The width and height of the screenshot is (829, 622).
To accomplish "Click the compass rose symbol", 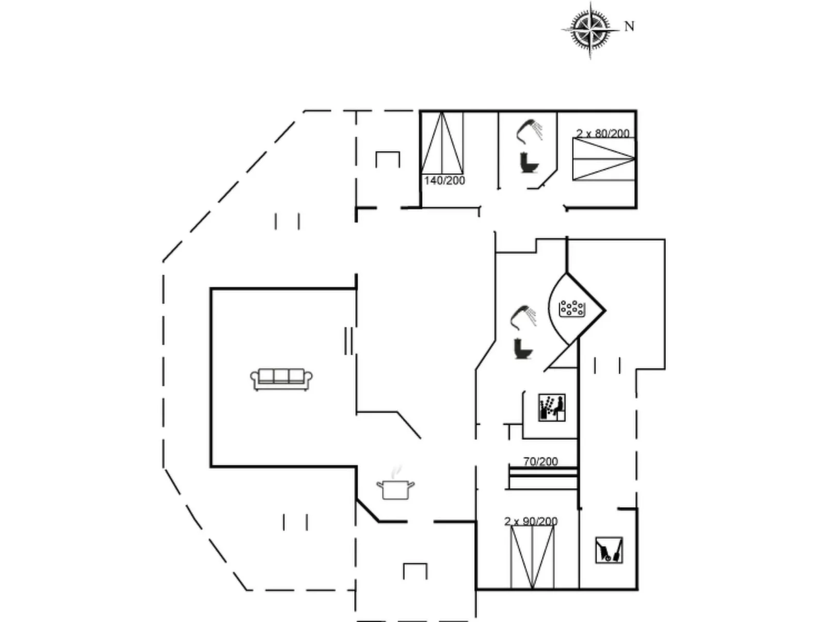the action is pos(591,30).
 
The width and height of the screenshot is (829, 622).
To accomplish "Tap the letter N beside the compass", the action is pos(629,26).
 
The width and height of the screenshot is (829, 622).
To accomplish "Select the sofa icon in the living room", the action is pos(281,379).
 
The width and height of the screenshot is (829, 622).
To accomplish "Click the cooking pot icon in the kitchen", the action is pos(395,489).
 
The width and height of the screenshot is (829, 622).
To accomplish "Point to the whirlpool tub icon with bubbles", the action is pos(572,309).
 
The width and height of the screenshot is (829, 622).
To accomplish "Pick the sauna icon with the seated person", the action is pos(552,407).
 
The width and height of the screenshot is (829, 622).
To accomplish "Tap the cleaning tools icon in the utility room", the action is pos(609,550).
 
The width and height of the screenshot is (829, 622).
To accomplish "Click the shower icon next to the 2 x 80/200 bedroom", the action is pos(530,132).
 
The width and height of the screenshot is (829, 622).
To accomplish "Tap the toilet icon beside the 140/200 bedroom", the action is pos(529,163).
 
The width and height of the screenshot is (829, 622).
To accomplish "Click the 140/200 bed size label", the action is pos(444,181).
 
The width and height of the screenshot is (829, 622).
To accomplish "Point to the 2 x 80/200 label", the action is pos(603,133).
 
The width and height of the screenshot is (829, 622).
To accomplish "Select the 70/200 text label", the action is pos(540,461).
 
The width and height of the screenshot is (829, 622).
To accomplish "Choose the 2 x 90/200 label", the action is pos(531,521).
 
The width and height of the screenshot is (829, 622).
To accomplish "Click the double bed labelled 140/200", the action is pos(442,143).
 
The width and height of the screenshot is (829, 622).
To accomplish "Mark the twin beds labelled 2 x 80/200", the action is pos(604,159).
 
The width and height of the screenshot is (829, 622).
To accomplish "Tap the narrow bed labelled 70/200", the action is pos(543,479).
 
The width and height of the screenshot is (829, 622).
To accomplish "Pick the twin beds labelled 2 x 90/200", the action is pos(532,557).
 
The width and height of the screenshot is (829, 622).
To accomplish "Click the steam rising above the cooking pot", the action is pos(396,472).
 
